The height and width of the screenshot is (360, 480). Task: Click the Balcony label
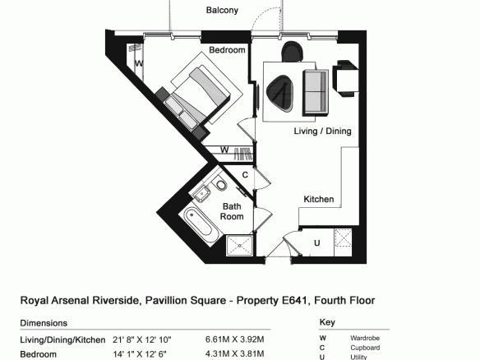pos(222,10)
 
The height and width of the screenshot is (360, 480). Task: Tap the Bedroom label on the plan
pos(227,49)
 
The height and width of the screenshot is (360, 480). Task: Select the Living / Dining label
pos(322,131)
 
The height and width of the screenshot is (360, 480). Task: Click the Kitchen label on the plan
pos(318,199)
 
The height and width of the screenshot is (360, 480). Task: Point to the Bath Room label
pos(232,211)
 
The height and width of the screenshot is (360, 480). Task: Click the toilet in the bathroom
pos(220,184)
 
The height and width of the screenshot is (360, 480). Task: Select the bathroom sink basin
pos(201,193)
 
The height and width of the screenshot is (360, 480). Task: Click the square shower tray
pos(239,246)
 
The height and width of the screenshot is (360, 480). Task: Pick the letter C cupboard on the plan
pos(245,175)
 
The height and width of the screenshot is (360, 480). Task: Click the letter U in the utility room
pos(316,243)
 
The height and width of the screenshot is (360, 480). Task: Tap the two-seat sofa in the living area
pos(316,93)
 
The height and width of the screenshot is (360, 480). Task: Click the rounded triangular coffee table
pos(279,93)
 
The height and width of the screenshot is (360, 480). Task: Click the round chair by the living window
pos(293,52)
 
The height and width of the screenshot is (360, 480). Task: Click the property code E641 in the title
pos(294,300)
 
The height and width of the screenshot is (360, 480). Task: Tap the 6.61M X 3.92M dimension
pos(234,339)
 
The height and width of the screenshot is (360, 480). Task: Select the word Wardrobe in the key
pos(365,338)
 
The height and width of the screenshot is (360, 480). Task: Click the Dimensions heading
pos(44,323)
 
